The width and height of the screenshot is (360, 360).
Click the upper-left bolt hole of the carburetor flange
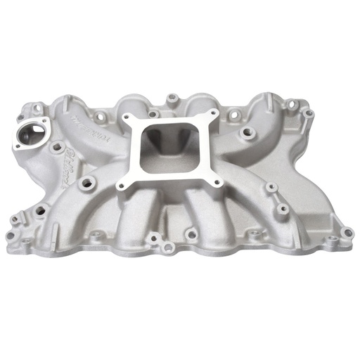pyautogui.click(x=129, y=120)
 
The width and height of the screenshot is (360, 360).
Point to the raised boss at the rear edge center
pyautogui.click(x=169, y=96)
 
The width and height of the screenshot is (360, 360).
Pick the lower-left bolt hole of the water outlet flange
pyautogui.click(x=17, y=145)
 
